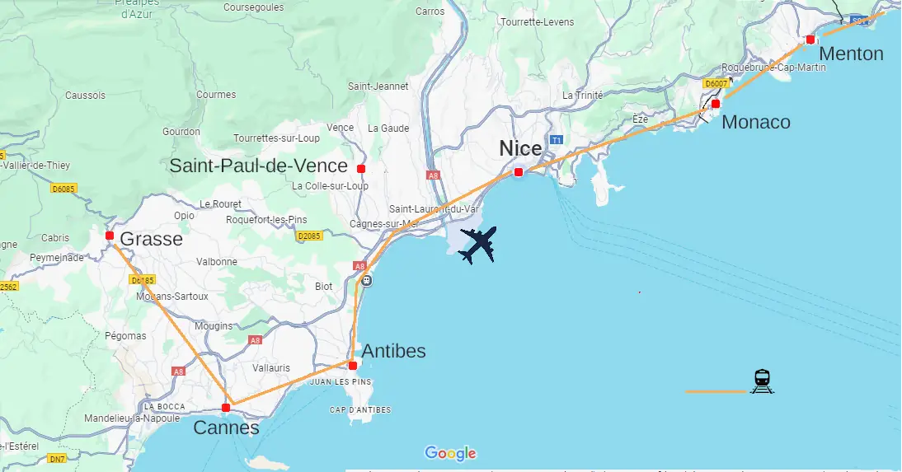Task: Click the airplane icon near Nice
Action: [x=477, y=245]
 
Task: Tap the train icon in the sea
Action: [x=762, y=381]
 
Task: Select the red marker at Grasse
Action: [x=109, y=236]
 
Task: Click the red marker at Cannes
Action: [x=226, y=408]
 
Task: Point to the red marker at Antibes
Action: [x=352, y=365]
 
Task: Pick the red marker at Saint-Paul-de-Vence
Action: [x=360, y=168]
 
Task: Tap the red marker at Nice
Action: [x=518, y=172]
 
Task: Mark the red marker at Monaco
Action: [x=716, y=104]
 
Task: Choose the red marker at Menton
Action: [x=810, y=40]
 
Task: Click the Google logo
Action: [x=450, y=453]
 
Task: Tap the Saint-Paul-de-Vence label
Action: [x=258, y=166]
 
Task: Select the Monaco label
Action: [x=755, y=123]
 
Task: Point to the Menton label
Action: [x=852, y=54]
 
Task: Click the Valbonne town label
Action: [x=217, y=262]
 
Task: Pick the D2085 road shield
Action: [x=308, y=236]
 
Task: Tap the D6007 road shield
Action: [x=716, y=83]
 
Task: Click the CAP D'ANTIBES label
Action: [x=360, y=410]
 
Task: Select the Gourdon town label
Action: [x=181, y=132]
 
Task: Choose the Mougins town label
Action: [x=214, y=326]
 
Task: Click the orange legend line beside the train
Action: [x=715, y=391]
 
